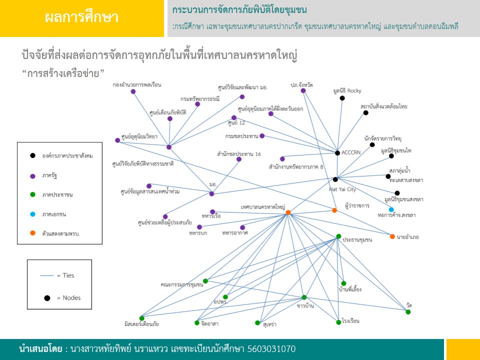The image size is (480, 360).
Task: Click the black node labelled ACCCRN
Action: pos(337,153)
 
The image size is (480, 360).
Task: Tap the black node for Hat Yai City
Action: pos(335,179)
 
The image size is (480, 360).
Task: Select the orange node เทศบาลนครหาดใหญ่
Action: pos(288,213)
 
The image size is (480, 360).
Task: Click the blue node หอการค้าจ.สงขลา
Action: pos(391,209)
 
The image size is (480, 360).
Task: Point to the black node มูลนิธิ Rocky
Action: pos(342,98)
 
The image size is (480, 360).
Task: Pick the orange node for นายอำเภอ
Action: pos(392,236)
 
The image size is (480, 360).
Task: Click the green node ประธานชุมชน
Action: pos(338,236)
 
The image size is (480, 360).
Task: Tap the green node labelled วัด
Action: pos(408,312)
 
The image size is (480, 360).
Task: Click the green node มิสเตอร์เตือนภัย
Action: pos(141,318)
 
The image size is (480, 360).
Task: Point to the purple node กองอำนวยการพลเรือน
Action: pos(133,91)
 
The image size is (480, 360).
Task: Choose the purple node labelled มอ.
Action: pos(211,194)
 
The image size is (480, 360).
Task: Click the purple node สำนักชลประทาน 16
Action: pos(239,159)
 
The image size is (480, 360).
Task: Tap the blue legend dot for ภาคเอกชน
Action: pos(32,214)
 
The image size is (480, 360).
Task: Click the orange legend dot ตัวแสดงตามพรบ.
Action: pos(32,233)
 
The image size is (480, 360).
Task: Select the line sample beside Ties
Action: pos(46,275)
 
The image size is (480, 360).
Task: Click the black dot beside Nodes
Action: pos(47,298)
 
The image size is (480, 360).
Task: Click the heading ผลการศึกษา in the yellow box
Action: pos(81,18)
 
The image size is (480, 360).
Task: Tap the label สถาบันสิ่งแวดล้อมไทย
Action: pos(383,106)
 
